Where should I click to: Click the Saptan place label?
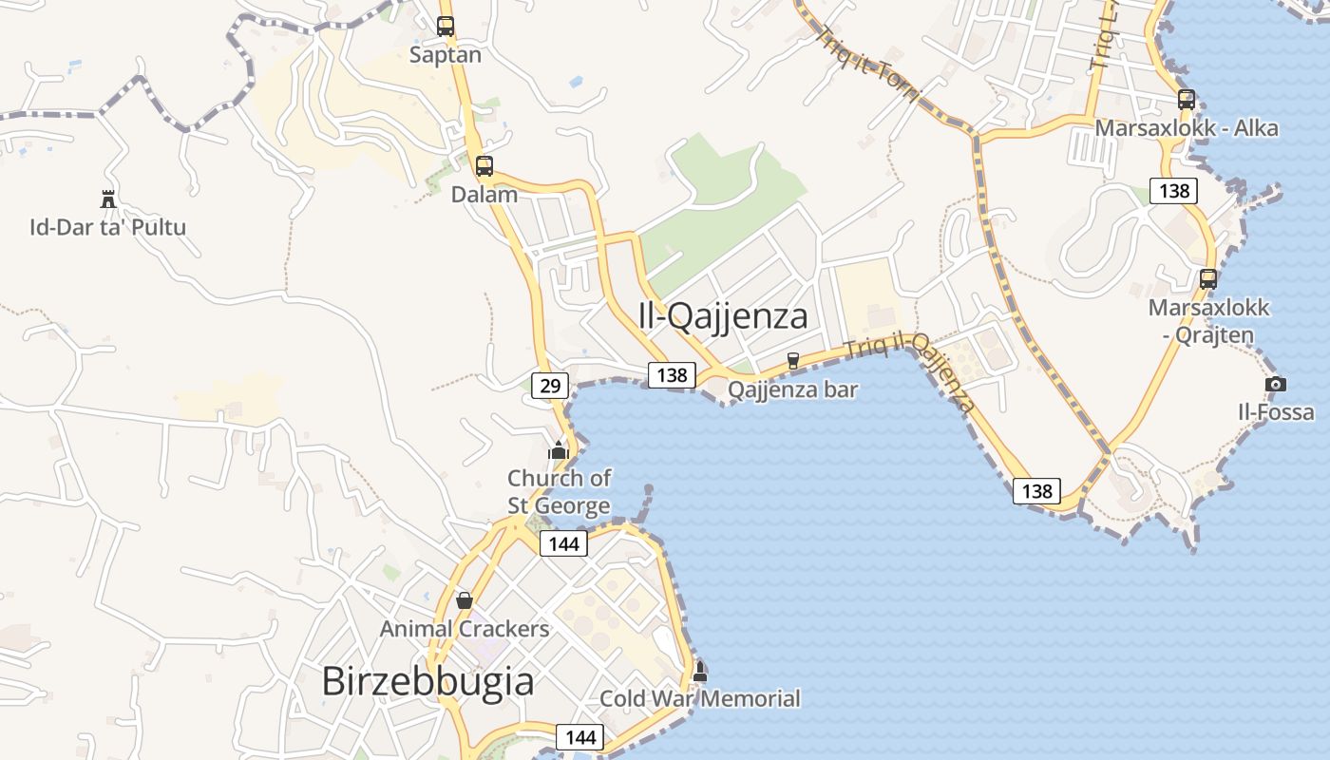click(x=446, y=55)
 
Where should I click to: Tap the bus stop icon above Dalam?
click(x=484, y=166)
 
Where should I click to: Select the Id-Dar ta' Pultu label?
click(x=107, y=227)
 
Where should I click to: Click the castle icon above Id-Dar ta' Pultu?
click(x=107, y=199)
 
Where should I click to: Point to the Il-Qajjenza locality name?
click(x=723, y=316)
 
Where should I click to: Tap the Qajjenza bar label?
click(x=793, y=389)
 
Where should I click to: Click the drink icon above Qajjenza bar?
click(x=793, y=361)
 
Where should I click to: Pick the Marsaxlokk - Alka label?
click(x=1187, y=128)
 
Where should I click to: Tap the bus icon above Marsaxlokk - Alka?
click(x=1186, y=99)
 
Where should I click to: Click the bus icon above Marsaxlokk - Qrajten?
click(x=1208, y=279)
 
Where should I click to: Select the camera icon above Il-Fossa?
click(x=1276, y=384)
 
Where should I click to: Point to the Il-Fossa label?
click(x=1276, y=412)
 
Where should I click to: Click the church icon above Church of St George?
click(x=559, y=449)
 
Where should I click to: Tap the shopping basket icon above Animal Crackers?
click(x=465, y=600)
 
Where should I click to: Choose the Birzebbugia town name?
click(x=427, y=681)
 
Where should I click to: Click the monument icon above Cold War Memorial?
click(x=700, y=672)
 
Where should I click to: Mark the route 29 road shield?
click(x=550, y=385)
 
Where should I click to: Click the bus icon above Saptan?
click(x=446, y=27)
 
